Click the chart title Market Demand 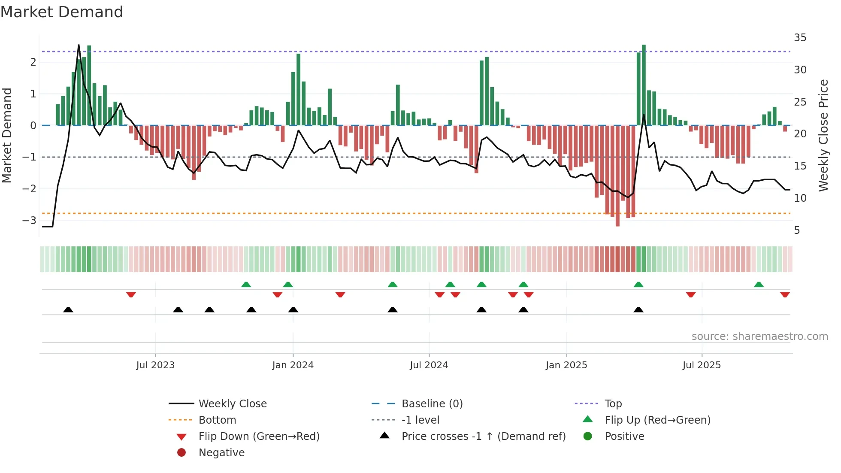tap(62, 12)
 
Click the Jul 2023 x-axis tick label tap(155, 365)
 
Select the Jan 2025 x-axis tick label tap(566, 365)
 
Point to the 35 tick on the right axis tap(800, 38)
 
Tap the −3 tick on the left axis tap(30, 221)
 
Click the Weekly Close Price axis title tap(823, 135)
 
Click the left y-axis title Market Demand tap(7, 135)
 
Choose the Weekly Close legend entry tap(232, 404)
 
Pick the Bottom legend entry tap(217, 420)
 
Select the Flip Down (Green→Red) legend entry tap(259, 437)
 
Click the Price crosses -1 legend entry tap(483, 437)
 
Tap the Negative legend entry tap(221, 453)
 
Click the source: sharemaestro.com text tap(759, 337)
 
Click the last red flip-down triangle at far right tap(785, 295)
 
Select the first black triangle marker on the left tap(68, 309)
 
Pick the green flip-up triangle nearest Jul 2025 tap(759, 285)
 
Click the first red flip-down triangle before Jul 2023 tap(131, 295)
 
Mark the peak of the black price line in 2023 tap(79, 45)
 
